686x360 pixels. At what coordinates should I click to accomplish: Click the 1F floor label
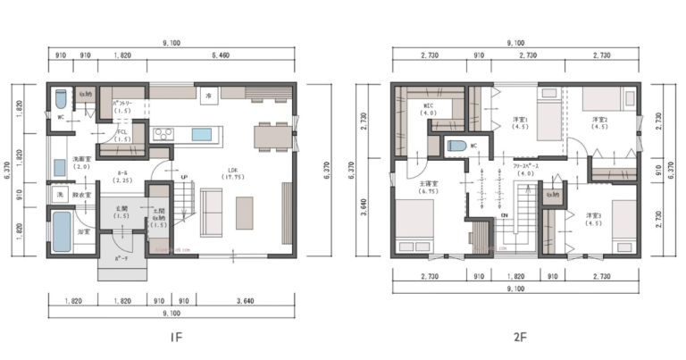pos(178,339)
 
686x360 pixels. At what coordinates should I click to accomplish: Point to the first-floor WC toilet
pos(60,96)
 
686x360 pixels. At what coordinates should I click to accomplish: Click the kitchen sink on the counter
pos(203,134)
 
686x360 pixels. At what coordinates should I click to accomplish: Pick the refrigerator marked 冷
pos(209,95)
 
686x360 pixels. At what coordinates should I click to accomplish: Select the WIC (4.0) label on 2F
pos(429,110)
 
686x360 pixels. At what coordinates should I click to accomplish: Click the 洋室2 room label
pos(599,123)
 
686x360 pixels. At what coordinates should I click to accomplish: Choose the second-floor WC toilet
pos(453,146)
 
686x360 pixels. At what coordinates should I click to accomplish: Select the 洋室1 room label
pos(521,123)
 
